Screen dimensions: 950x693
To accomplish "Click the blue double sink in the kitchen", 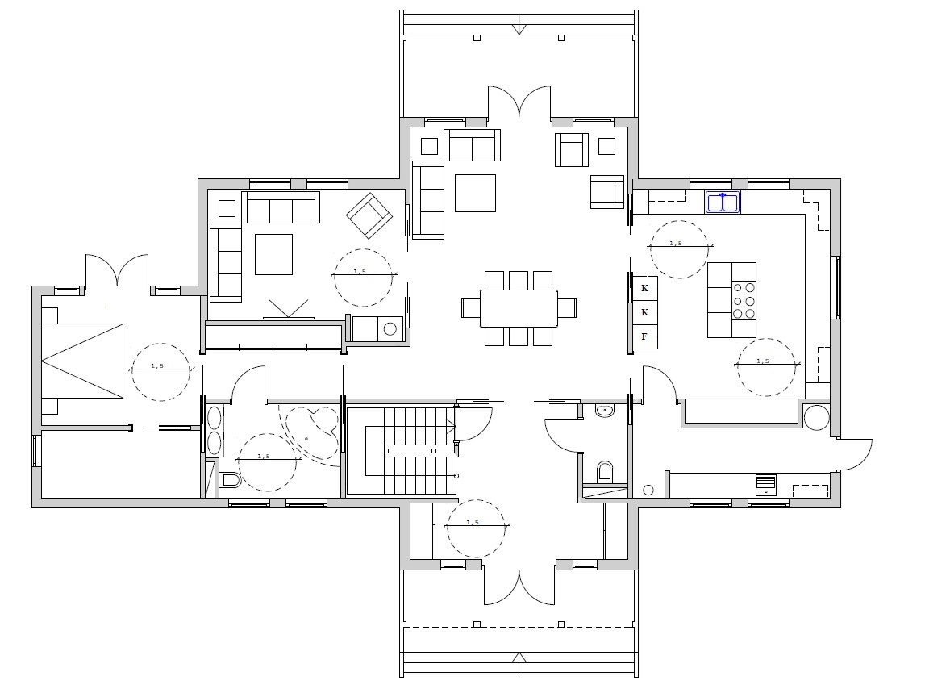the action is click(723, 202).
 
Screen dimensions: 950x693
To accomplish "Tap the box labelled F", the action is click(644, 336).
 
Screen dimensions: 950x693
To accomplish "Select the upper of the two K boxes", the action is click(644, 288).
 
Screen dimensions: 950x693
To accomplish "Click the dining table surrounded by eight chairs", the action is click(519, 308).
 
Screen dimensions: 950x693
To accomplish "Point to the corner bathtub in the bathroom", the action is click(313, 431).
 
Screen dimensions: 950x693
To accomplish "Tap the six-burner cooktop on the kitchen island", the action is click(744, 299).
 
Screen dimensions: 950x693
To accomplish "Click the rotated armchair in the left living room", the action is click(369, 215).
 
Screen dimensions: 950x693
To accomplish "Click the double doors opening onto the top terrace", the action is click(520, 101).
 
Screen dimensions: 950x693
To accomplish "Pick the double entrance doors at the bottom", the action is click(519, 587).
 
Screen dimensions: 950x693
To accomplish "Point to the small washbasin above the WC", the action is click(604, 411).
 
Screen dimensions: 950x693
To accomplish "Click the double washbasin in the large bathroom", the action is click(215, 431).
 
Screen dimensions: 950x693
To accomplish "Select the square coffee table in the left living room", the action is click(274, 254).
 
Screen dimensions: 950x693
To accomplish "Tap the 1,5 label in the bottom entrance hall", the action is click(473, 522).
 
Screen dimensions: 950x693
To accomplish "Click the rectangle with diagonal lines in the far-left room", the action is click(82, 361).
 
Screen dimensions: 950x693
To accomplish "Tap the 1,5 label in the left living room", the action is click(360, 272).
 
